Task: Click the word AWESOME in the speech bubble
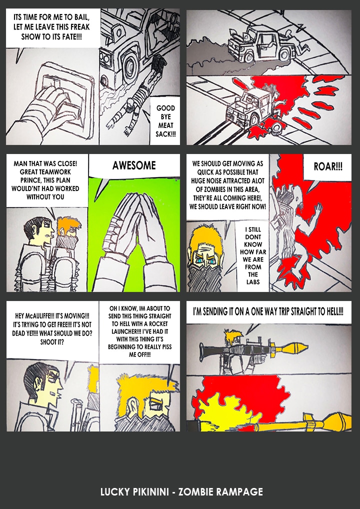tap(134, 165)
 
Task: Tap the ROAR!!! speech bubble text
tap(328, 166)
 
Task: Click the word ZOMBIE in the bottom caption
tap(195, 491)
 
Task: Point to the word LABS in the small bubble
tap(253, 282)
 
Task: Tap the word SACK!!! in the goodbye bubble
tap(165, 134)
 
